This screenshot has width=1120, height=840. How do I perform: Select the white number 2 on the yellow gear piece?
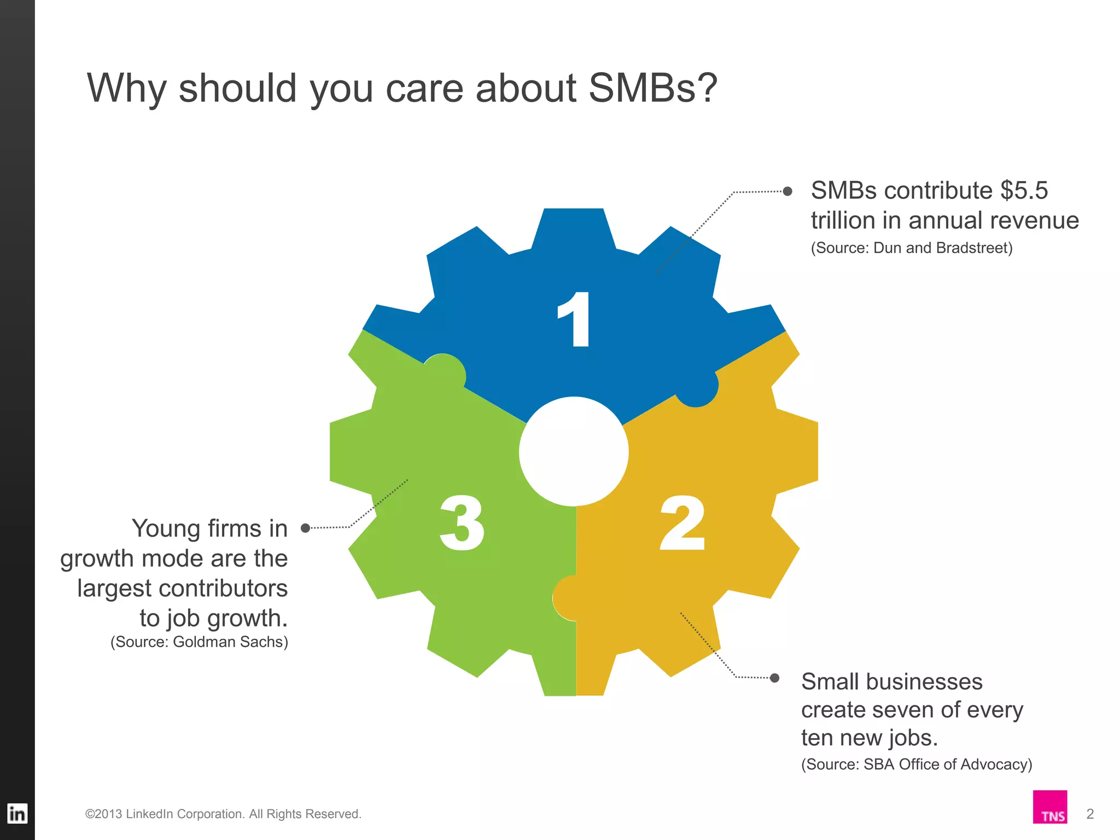682,523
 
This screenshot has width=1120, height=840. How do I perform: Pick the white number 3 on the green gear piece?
462,523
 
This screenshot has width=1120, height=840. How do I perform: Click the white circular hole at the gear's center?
574,451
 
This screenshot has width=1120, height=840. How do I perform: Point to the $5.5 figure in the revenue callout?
1024,191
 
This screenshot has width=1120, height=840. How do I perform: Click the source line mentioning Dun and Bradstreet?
911,248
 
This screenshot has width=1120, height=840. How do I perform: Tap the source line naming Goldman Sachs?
199,642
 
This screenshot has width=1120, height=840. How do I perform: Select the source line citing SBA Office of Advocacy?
917,765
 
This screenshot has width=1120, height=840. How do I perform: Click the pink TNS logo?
1049,807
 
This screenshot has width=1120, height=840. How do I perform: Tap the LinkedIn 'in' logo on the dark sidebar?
17,814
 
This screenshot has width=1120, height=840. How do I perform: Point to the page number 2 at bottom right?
1089,814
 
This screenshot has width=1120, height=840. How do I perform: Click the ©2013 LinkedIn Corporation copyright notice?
223,814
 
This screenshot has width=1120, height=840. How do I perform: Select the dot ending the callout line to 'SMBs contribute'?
787,191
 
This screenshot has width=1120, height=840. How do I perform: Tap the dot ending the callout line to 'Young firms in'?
306,528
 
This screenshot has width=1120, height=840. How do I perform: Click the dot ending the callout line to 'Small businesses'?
774,678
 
